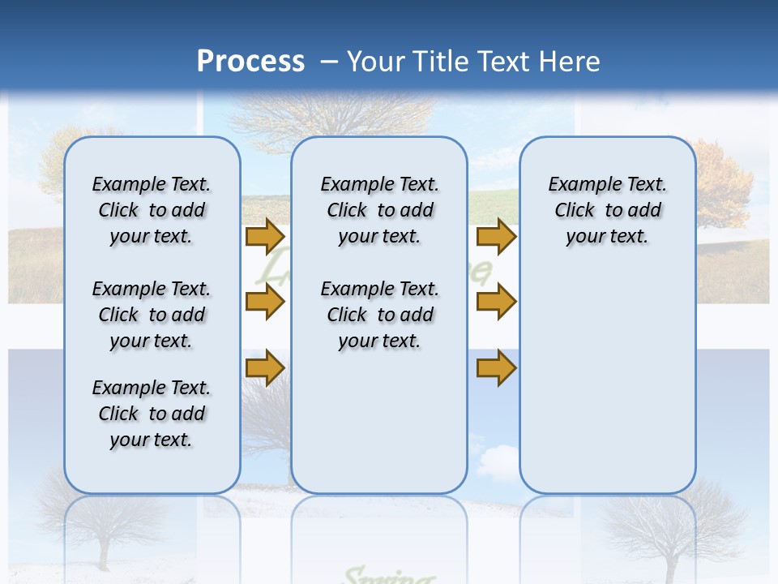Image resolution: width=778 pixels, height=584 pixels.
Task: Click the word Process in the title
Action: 250,61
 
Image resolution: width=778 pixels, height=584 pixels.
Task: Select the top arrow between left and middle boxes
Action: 264,237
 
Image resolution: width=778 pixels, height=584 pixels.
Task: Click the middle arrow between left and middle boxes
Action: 264,303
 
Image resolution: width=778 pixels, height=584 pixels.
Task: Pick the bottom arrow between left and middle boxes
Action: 264,368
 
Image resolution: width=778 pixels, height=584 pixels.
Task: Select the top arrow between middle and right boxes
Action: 496,237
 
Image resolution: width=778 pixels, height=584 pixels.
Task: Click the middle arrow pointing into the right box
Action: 496,303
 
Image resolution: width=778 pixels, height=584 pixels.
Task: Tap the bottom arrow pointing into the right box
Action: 496,368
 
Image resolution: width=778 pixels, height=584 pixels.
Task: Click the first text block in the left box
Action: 152,210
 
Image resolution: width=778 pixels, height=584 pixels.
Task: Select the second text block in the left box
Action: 152,315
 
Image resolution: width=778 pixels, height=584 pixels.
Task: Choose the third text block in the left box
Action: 152,414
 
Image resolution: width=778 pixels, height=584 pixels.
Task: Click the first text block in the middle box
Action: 379,210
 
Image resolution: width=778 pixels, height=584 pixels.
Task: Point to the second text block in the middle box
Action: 379,315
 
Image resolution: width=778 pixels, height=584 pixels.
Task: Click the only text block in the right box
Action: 607,210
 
